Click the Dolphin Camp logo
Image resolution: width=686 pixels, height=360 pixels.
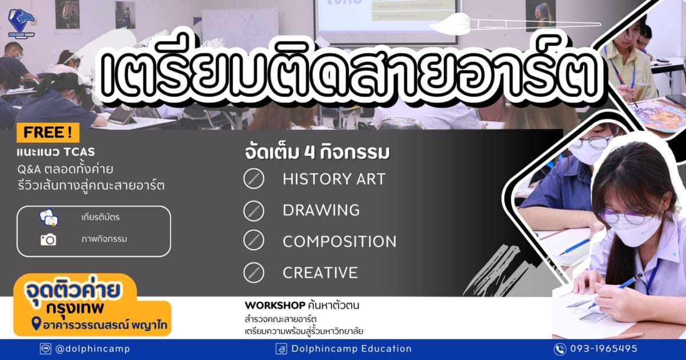pyautogui.click(x=22, y=23)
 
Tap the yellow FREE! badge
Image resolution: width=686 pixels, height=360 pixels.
pyautogui.click(x=48, y=133)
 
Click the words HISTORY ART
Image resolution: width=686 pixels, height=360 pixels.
pyautogui.click(x=334, y=179)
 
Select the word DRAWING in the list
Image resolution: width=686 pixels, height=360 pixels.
pyautogui.click(x=321, y=210)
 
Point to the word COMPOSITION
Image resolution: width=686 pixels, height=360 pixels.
pyautogui.click(x=340, y=242)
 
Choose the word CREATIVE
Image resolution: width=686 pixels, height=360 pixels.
pyautogui.click(x=320, y=273)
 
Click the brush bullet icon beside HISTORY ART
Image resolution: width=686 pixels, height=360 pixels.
pyautogui.click(x=254, y=179)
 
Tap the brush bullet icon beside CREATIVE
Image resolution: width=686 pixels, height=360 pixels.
pyautogui.click(x=254, y=273)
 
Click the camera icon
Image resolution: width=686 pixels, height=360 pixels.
pyautogui.click(x=49, y=239)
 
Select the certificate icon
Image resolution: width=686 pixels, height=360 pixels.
pyautogui.click(x=49, y=218)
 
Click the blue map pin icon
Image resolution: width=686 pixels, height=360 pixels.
pyautogui.click(x=36, y=323)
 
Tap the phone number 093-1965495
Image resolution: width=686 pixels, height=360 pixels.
pyautogui.click(x=604, y=349)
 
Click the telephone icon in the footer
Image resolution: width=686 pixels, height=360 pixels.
pyautogui.click(x=560, y=349)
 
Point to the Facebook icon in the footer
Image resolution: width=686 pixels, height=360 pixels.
pyautogui.click(x=281, y=349)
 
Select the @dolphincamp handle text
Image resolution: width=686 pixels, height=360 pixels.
pyautogui.click(x=93, y=349)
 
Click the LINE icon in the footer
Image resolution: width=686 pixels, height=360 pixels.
pyautogui.click(x=46, y=349)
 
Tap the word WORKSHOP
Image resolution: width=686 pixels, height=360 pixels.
pyautogui.click(x=275, y=305)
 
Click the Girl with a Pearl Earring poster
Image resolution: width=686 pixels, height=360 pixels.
pyautogui.click(x=541, y=16)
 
